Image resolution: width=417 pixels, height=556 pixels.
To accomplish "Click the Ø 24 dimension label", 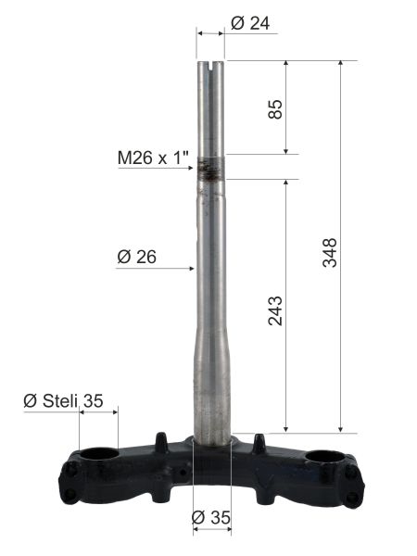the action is pos(250,24).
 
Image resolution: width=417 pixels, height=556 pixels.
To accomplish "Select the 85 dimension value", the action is pos(275,109).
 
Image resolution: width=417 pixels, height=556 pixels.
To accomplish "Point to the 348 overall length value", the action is pos(330,252).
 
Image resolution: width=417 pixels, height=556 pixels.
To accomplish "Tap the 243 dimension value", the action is pos(275,311).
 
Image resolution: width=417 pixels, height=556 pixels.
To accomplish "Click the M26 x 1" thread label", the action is pos(153,158).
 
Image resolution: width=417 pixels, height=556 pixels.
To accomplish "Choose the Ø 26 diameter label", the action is pos(136,257).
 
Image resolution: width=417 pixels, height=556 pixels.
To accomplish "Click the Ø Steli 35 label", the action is pos(63,401).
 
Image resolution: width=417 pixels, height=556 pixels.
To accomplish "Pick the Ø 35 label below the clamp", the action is pos(211,517).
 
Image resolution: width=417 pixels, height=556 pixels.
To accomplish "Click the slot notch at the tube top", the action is pos(210,65).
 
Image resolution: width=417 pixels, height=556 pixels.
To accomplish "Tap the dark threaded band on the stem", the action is pos(210,169).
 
